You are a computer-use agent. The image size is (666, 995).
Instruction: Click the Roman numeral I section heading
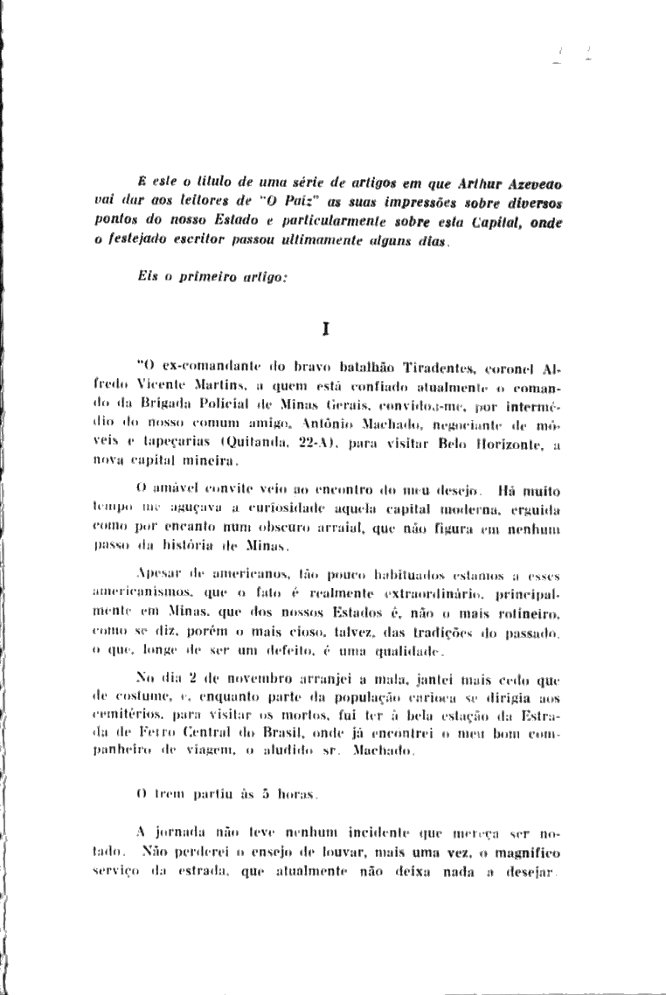325,329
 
